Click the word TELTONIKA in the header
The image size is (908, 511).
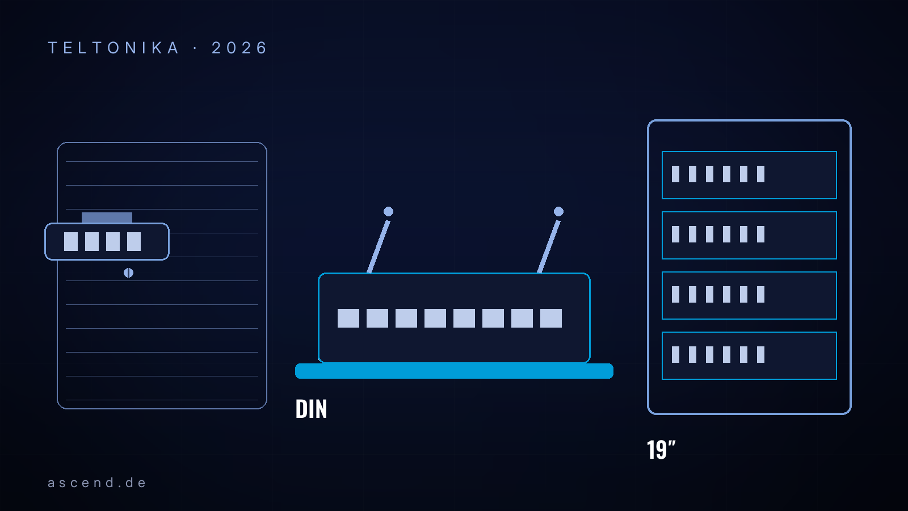(113, 48)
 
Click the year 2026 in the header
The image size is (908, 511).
(239, 48)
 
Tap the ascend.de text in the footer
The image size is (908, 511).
(96, 483)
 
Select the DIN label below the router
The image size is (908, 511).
(311, 409)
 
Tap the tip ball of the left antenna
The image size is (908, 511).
(388, 211)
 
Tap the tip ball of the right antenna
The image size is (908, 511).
(558, 211)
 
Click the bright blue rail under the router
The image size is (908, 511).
(454, 371)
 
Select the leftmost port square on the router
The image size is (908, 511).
(348, 318)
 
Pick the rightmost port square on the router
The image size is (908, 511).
(551, 318)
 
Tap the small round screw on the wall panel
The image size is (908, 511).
(128, 273)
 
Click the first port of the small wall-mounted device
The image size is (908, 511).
(71, 242)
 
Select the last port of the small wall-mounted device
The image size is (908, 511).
(134, 242)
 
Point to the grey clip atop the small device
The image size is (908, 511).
(107, 218)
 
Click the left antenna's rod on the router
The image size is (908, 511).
(378, 247)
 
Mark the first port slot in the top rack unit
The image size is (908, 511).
(675, 174)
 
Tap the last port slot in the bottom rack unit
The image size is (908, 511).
(760, 354)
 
